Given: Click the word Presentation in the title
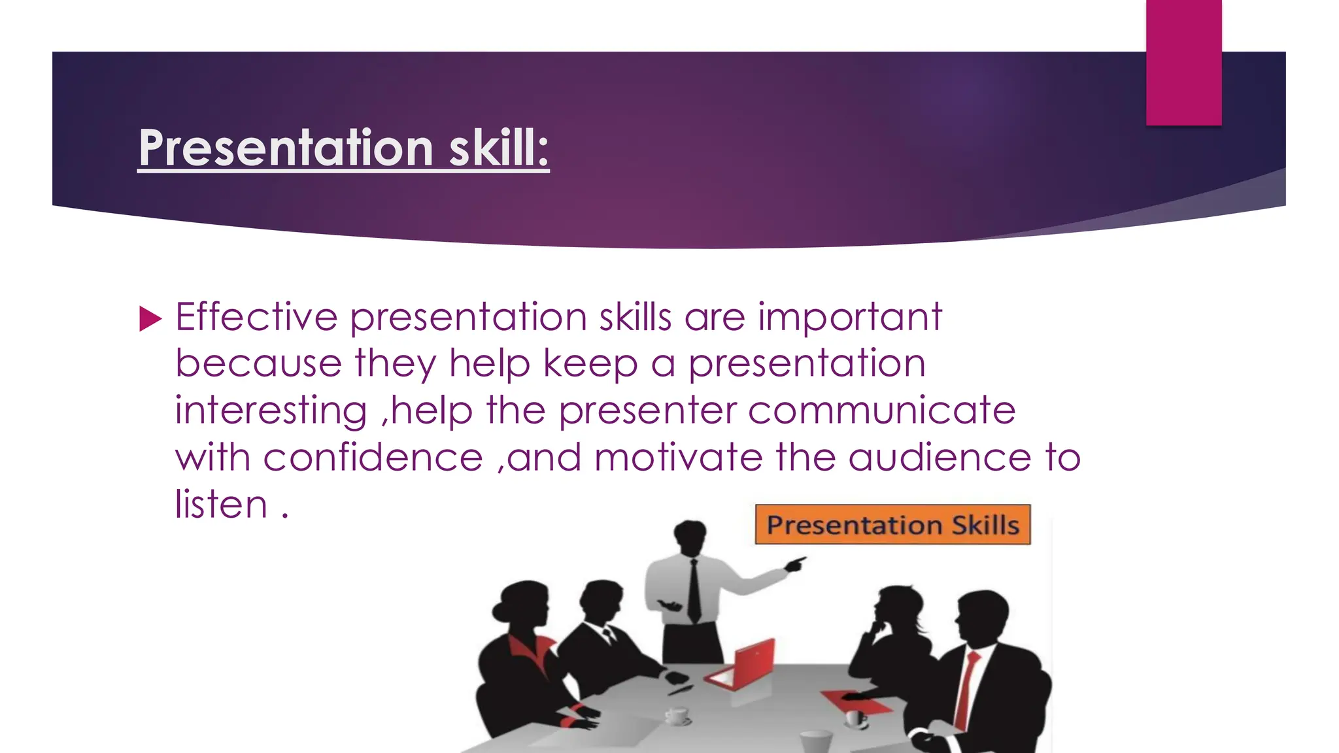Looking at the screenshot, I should click(286, 148).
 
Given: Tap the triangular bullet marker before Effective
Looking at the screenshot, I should click(150, 320).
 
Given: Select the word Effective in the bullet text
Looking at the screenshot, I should click(256, 318).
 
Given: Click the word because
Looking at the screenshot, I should click(258, 364).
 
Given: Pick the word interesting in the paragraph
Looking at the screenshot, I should click(271, 412).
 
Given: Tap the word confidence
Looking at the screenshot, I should click(373, 458).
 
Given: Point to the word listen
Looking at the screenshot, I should click(221, 505).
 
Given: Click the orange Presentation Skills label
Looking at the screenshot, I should click(892, 525).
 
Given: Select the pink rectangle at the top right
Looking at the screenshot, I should click(1183, 62).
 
